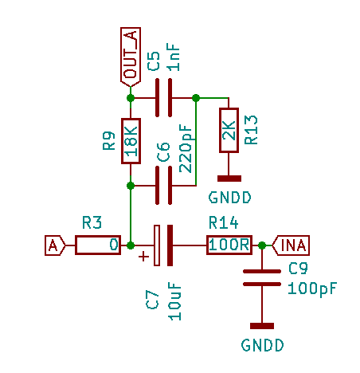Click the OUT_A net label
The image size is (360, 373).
(x=131, y=57)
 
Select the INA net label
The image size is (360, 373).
(x=291, y=245)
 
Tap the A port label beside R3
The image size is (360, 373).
(x=55, y=245)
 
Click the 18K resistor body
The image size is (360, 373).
(x=131, y=141)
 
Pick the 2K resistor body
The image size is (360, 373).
(x=229, y=130)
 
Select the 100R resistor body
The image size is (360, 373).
(x=229, y=245)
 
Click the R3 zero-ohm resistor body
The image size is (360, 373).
(x=98, y=245)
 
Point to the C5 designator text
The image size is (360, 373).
(x=154, y=61)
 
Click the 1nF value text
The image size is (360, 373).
(x=174, y=57)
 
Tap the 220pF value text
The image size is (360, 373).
(x=186, y=148)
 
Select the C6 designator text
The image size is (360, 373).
(x=163, y=152)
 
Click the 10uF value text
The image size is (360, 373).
(x=174, y=301)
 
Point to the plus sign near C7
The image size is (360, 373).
(x=143, y=257)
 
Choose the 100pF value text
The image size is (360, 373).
(x=312, y=289)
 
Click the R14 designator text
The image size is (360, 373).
(x=224, y=222)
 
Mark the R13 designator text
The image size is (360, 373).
(x=251, y=130)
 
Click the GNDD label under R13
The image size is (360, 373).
(x=229, y=198)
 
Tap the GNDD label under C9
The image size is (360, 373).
(x=262, y=345)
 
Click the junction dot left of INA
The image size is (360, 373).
(x=262, y=245)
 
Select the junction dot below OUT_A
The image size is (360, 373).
(x=131, y=98)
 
